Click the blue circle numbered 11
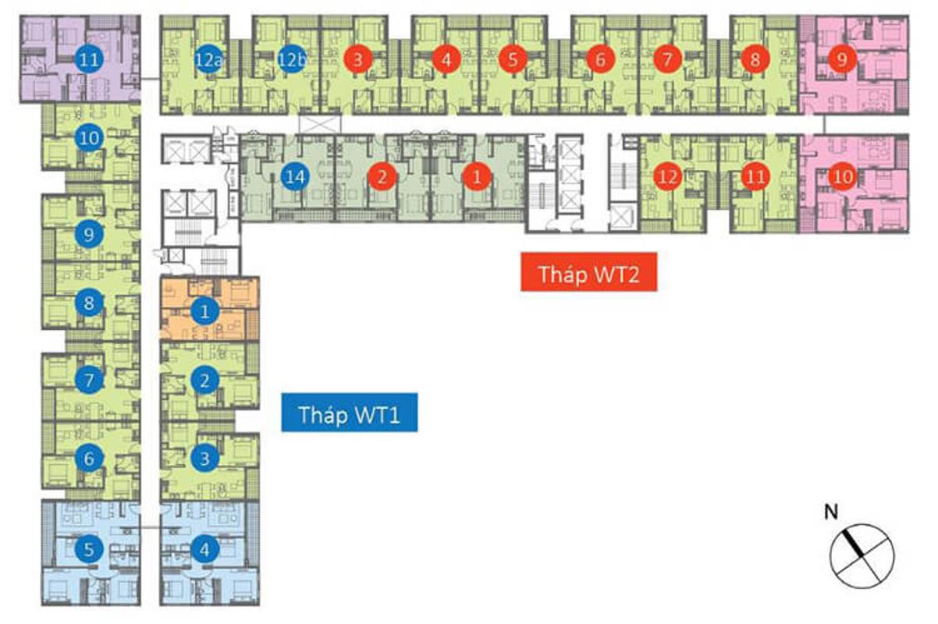point(91,59)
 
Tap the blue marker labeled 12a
point(208,59)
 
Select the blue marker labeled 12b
point(290,59)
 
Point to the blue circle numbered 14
point(294,177)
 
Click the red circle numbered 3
point(357,59)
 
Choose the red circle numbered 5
point(512,59)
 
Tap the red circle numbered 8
point(755,59)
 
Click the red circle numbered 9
point(842,59)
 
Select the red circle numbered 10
point(842,177)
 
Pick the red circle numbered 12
point(667,177)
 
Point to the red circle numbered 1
point(477,177)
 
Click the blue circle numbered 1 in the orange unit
point(204,312)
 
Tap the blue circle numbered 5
point(89,549)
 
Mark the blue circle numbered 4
point(204,549)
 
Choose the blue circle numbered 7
point(89,381)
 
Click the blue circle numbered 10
point(89,139)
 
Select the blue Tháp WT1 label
point(349,413)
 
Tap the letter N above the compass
point(832,512)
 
